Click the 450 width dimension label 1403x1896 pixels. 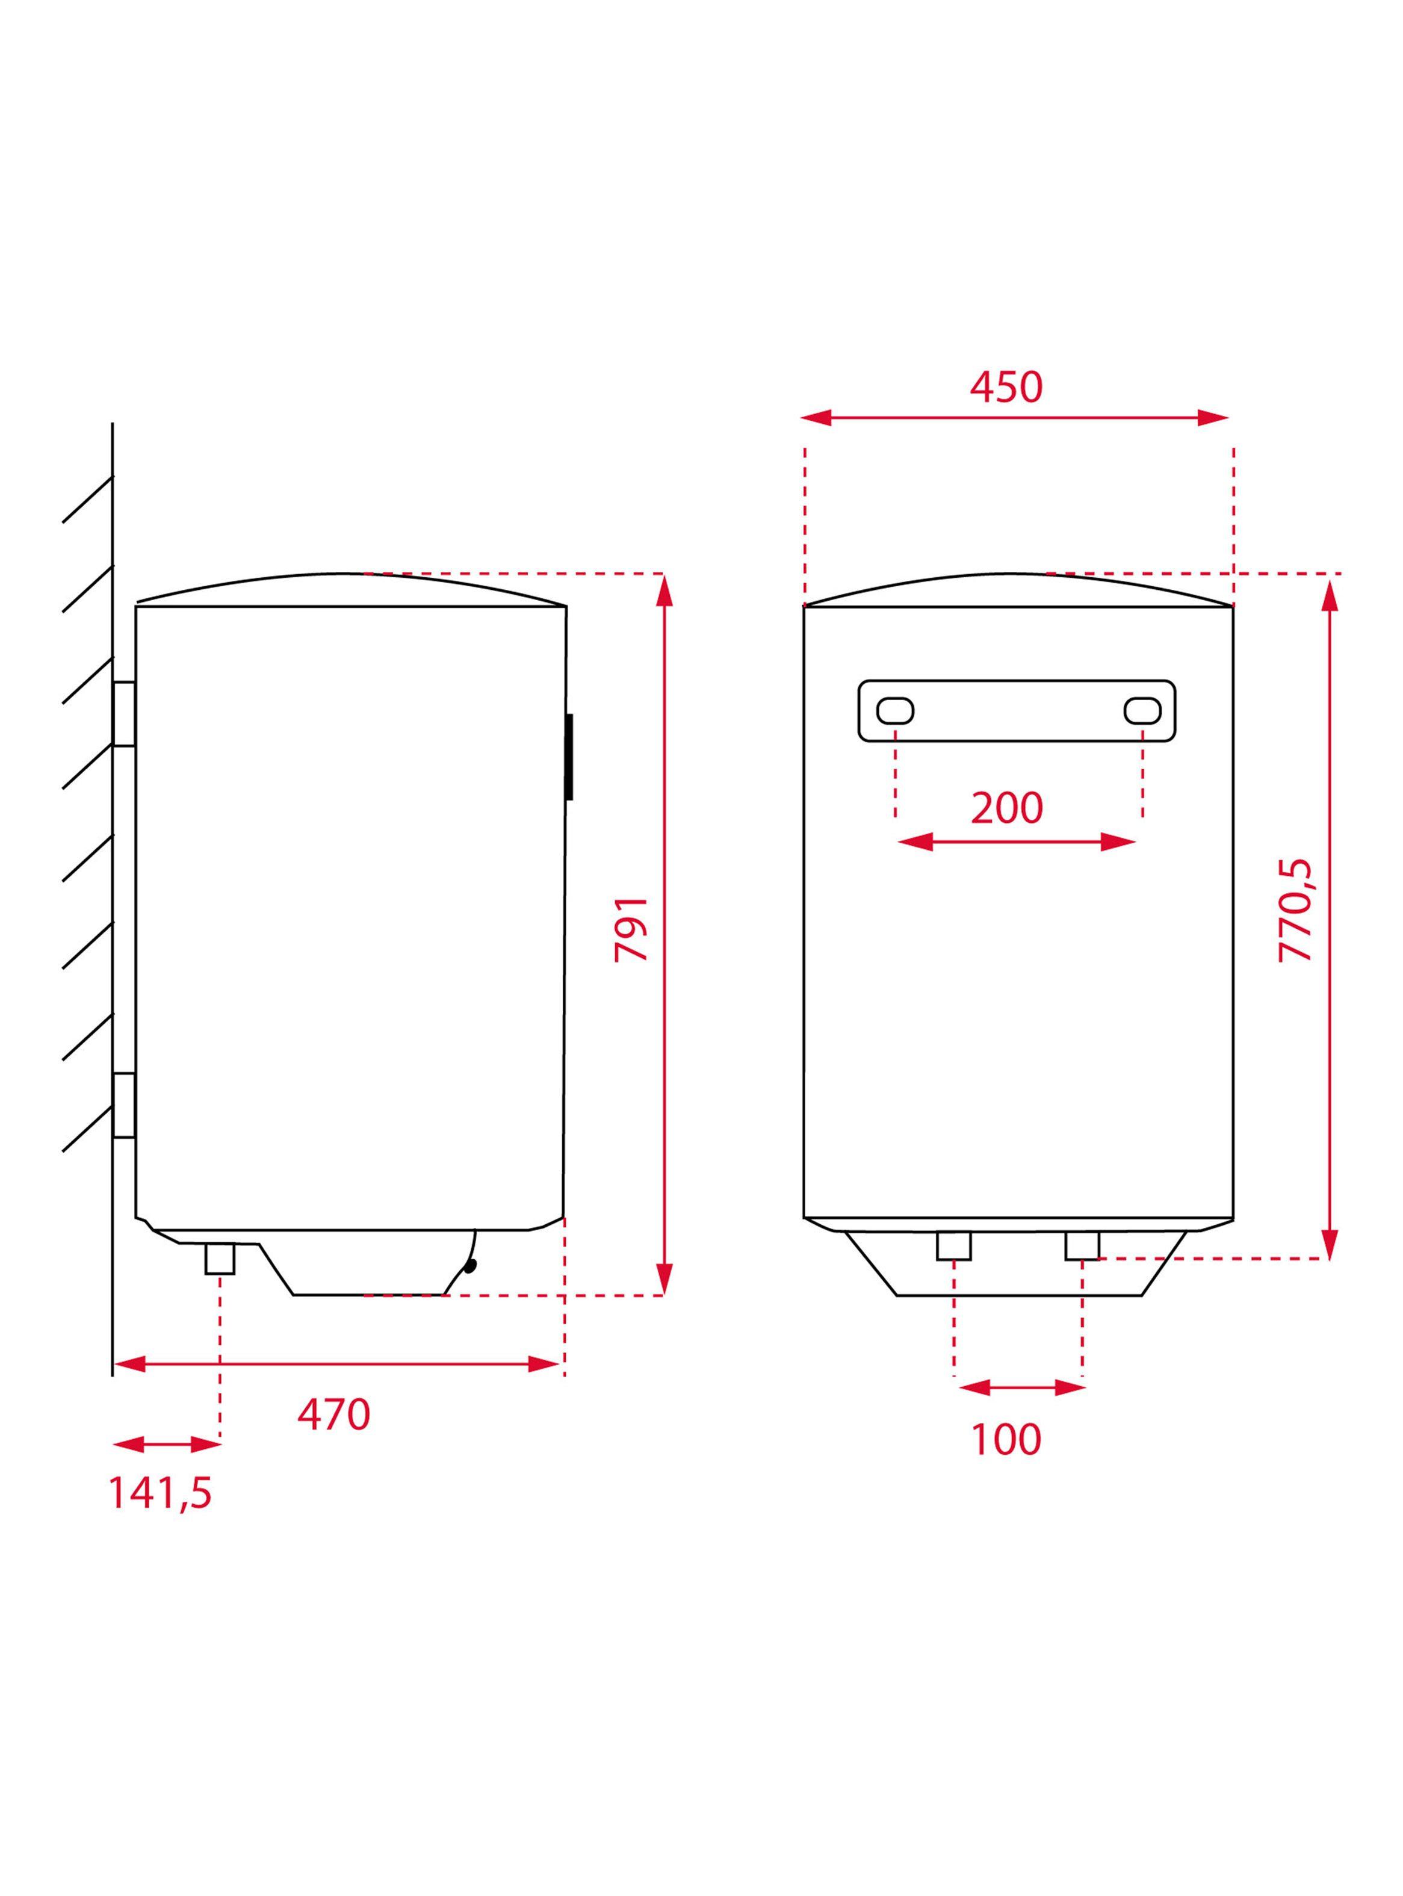1006,387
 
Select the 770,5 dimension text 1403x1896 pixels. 1296,910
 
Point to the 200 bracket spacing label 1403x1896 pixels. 1007,808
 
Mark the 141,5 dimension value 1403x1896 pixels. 161,1493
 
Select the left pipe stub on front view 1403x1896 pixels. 954,1245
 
